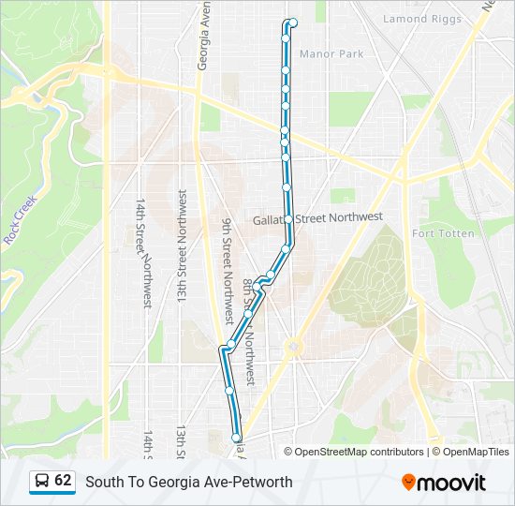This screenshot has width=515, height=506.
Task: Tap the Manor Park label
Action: click(x=331, y=54)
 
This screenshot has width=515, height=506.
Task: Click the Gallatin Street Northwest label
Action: click(x=317, y=218)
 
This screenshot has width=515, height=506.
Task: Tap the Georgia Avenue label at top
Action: click(x=202, y=37)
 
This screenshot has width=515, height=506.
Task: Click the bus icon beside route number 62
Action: click(x=42, y=482)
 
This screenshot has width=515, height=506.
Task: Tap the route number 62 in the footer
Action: click(x=63, y=481)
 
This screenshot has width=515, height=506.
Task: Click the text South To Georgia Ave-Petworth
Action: click(x=189, y=482)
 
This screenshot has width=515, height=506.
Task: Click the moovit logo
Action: click(x=444, y=483)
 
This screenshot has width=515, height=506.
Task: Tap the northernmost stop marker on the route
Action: click(x=293, y=22)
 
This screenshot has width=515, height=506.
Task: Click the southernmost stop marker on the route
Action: click(x=236, y=437)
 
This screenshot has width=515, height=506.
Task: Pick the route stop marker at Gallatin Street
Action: click(x=288, y=219)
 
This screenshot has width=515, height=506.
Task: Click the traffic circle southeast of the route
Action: click(x=295, y=347)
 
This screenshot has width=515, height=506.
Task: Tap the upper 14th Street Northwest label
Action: click(x=143, y=253)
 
